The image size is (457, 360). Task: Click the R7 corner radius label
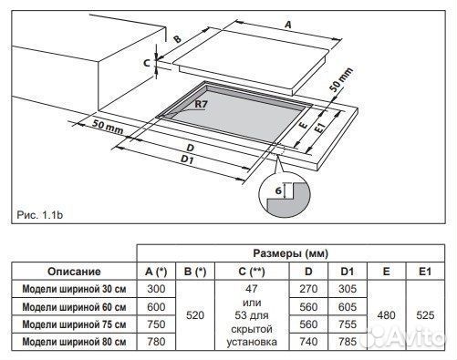coord(201,104)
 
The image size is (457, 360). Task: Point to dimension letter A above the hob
coord(287,25)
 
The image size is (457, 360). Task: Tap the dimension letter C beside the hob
coord(147,63)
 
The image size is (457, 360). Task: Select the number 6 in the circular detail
coord(278,190)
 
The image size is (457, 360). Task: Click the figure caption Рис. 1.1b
coord(40,215)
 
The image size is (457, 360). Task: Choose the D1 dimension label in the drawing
coord(187,159)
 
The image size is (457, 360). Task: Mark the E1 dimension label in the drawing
coord(319,126)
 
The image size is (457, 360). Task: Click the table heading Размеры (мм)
coord(291,253)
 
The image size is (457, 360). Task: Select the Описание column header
coord(74,271)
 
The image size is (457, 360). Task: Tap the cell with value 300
coord(156,289)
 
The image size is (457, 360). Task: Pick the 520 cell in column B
coord(195,315)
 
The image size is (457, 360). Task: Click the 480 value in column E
coord(386,315)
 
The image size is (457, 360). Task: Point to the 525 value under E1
coord(425,315)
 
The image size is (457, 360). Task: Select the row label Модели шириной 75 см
coord(74,324)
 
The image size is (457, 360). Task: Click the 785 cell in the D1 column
coord(348,342)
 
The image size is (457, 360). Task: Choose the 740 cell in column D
coord(308,342)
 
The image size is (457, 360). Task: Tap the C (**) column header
coord(252,271)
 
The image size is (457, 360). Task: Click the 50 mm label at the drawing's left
coord(109,128)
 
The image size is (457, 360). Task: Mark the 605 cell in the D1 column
coord(348,307)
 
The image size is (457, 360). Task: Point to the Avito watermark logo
coord(407,336)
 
